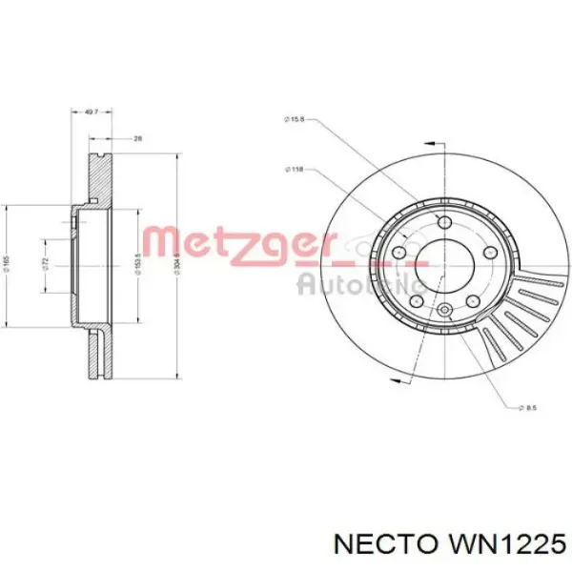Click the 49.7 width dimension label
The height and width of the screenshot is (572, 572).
(x=92, y=112)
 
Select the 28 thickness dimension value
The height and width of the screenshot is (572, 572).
(x=136, y=139)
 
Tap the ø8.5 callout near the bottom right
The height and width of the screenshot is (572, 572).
(x=532, y=407)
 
